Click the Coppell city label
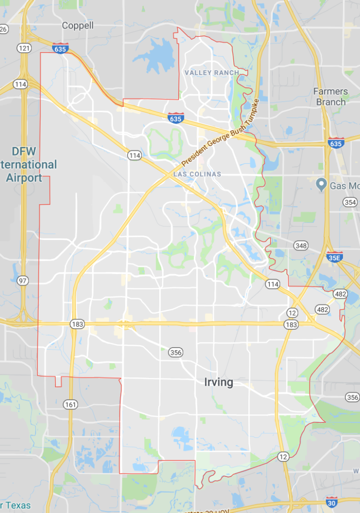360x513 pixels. pos(78,26)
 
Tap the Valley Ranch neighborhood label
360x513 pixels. pos(212,73)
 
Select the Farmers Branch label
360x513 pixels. pos(330,97)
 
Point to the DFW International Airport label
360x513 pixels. pos(28,164)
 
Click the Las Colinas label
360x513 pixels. pos(197,174)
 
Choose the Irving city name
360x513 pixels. pos(219,382)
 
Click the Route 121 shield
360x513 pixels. pos(24,48)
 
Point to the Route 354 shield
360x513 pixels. pos(350,202)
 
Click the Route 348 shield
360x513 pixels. pos(301,245)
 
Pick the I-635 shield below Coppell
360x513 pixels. pos(60,48)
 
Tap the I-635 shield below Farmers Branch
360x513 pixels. pos(336,143)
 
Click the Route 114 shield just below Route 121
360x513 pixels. pos(21,84)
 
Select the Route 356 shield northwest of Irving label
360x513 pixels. pos(175,353)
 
